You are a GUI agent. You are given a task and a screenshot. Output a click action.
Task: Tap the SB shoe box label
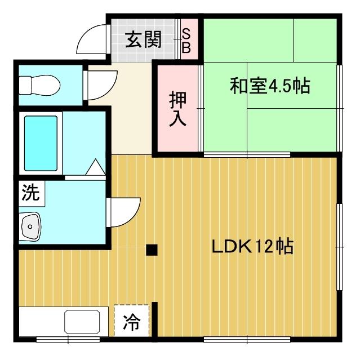pos(186,41)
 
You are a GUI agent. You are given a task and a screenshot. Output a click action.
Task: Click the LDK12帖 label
pos(252,247)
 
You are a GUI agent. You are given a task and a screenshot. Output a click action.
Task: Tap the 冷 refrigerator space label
pos(131,322)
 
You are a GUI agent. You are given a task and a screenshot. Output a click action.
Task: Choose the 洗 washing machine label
pos(30,193)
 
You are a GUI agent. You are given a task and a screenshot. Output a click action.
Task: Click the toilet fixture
pos(38,86)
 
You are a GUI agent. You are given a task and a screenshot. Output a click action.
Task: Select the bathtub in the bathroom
pos(41,144)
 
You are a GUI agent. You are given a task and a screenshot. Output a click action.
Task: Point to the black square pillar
pos(151,250)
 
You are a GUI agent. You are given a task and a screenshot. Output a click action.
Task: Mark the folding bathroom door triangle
pos(95,168)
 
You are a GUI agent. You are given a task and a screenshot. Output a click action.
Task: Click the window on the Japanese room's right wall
pos(340,107)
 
